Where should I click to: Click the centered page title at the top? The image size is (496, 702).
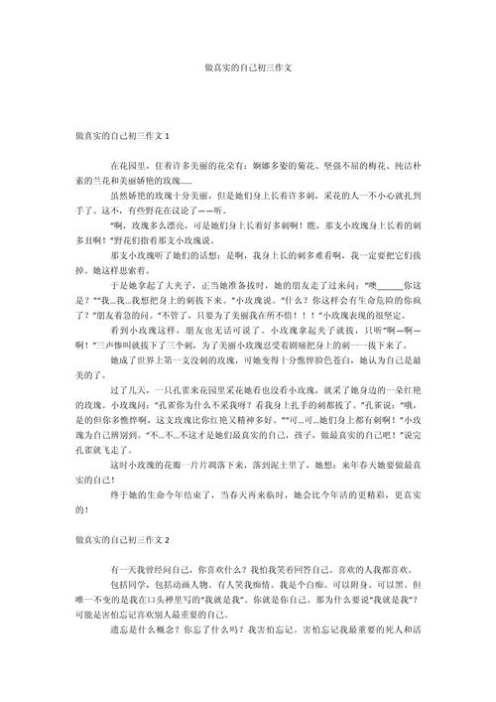pos(248,70)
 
